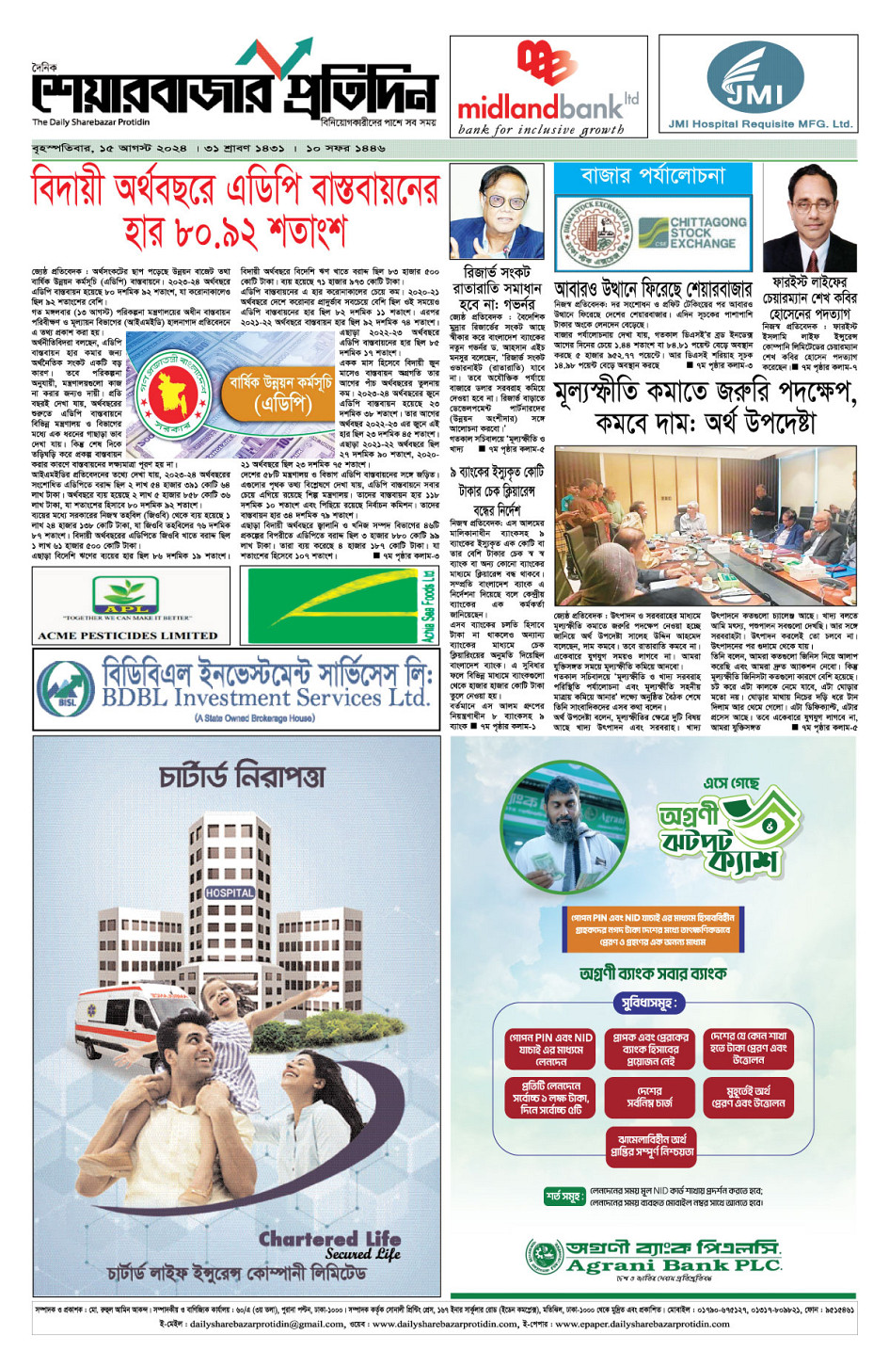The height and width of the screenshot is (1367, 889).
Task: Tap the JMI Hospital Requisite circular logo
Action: [755, 78]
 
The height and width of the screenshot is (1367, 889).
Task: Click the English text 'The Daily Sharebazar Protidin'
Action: [90, 122]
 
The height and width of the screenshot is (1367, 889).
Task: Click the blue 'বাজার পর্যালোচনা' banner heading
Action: [653, 176]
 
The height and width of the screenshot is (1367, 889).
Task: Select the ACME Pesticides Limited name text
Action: [127, 635]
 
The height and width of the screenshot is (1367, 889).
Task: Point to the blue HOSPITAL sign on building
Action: [230, 892]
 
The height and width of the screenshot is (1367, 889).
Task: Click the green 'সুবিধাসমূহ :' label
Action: [649, 1004]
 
